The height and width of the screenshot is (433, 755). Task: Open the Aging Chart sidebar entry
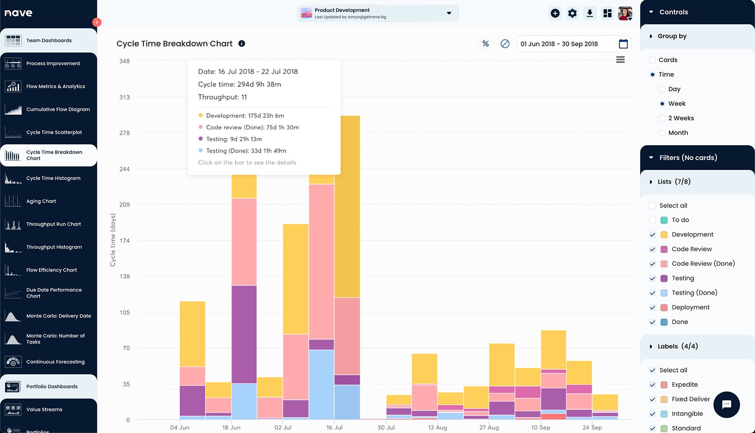click(x=41, y=201)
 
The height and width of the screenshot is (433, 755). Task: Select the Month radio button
click(x=662, y=133)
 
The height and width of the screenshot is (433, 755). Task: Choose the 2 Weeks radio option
click(x=662, y=118)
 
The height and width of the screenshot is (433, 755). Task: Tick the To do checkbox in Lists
click(x=653, y=220)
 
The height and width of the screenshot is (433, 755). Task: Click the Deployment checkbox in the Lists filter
click(x=653, y=308)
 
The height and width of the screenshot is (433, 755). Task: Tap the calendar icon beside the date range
click(x=623, y=44)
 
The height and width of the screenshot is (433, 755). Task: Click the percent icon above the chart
click(x=486, y=44)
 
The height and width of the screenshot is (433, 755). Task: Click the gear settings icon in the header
click(x=572, y=13)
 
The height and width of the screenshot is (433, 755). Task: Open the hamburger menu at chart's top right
click(x=620, y=60)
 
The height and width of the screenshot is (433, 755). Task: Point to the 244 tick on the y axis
click(x=125, y=169)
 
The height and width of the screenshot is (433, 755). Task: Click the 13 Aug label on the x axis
click(x=438, y=428)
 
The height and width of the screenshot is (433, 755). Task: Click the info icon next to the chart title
click(x=242, y=44)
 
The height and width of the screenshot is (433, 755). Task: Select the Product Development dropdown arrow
click(x=449, y=13)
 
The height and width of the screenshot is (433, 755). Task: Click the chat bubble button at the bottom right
click(x=726, y=404)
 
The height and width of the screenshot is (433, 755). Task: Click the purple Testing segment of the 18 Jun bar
click(x=244, y=334)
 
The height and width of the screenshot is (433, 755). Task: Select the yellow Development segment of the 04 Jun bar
click(x=193, y=334)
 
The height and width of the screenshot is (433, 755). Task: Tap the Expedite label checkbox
click(x=653, y=385)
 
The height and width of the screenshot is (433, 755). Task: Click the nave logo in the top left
click(x=19, y=13)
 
